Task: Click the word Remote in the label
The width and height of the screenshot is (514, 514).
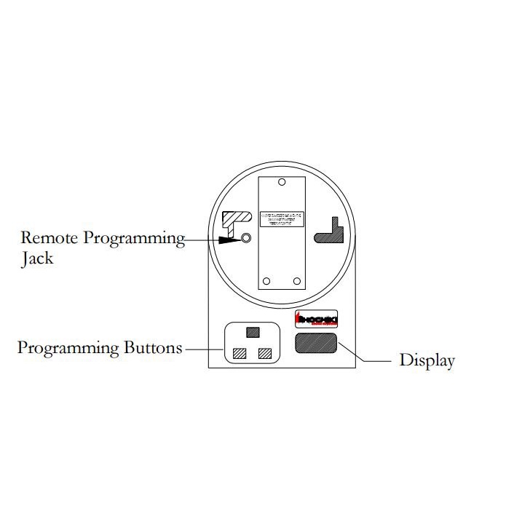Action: click(49, 237)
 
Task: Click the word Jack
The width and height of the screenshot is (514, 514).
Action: click(37, 258)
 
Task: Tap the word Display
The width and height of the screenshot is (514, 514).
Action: click(427, 360)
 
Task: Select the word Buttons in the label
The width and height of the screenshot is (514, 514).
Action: click(149, 347)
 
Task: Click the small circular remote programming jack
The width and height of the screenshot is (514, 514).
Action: click(246, 238)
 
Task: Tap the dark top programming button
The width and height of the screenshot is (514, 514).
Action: click(252, 333)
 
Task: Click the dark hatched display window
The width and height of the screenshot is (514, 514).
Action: click(315, 344)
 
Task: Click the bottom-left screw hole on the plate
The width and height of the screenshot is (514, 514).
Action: click(267, 281)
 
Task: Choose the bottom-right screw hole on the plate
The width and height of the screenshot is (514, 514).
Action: click(296, 281)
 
